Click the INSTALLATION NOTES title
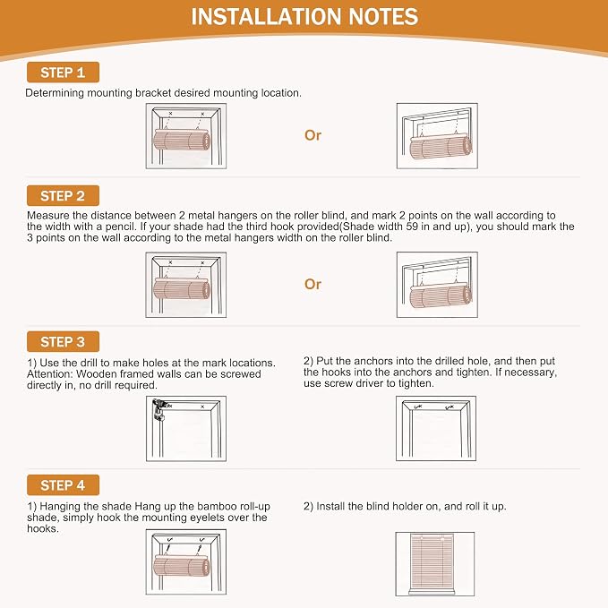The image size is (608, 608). pyautogui.click(x=304, y=17)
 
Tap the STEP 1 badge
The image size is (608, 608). pyautogui.click(x=63, y=73)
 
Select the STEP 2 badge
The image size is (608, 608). pyautogui.click(x=63, y=195)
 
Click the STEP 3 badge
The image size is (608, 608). pyautogui.click(x=63, y=342)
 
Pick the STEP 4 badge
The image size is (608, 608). pyautogui.click(x=63, y=485)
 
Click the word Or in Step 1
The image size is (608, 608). pyautogui.click(x=313, y=135)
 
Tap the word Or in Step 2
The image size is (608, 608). pyautogui.click(x=313, y=284)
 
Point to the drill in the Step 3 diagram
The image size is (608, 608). pyautogui.click(x=159, y=409)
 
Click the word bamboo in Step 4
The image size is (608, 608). pyautogui.click(x=217, y=507)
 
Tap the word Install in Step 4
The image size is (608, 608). pyautogui.click(x=330, y=507)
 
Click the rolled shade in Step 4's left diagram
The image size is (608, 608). pyautogui.click(x=182, y=564)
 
